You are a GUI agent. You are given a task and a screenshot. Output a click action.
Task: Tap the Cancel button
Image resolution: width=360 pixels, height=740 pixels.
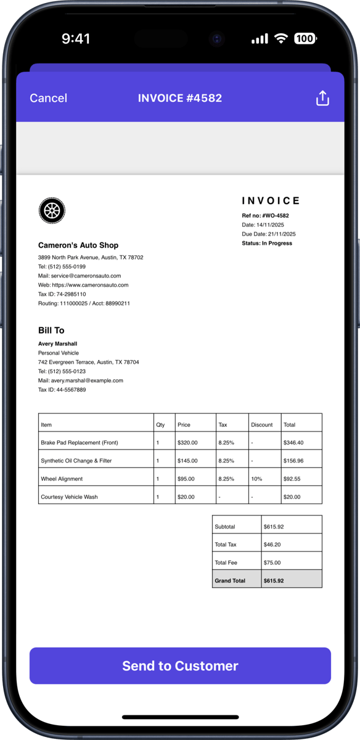coord(48,98)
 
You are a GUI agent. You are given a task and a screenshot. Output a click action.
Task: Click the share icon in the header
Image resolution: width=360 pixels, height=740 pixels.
coord(322,98)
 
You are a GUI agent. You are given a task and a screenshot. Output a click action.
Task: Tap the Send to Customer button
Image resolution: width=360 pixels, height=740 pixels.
coord(180,666)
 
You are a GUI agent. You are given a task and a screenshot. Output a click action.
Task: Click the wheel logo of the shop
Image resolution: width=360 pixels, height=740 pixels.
coord(52,211)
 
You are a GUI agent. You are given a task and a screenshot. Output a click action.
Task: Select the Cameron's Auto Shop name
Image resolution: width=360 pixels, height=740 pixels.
coord(78,245)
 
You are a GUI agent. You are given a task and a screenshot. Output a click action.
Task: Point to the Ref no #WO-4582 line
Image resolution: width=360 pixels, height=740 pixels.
coord(265,216)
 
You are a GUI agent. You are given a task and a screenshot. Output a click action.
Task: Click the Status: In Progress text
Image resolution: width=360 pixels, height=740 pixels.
coord(267,244)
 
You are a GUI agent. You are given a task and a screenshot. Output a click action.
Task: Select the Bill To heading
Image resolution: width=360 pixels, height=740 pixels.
coord(51,331)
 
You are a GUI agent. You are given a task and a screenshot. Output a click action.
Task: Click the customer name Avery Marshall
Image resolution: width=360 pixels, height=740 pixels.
coord(57,343)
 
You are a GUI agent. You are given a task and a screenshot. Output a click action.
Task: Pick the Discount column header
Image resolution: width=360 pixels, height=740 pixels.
coord(262,425)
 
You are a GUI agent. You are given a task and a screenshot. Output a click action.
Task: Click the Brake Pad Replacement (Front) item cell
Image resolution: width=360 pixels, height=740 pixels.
coord(79,443)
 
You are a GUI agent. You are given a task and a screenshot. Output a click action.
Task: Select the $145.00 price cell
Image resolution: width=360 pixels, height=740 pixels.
coord(187,461)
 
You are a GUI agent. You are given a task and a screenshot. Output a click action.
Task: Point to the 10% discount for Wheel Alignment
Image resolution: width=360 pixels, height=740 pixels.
coord(256,479)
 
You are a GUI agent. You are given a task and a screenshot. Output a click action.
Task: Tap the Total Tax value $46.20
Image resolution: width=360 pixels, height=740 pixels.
coord(272,545)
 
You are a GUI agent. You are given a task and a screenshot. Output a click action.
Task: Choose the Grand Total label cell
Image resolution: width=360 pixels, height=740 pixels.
coord(230,581)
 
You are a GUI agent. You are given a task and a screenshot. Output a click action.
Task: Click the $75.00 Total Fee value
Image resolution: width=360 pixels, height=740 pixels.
coord(272,563)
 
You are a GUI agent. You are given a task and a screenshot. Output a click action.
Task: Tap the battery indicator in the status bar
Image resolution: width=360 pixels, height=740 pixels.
coord(305,39)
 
